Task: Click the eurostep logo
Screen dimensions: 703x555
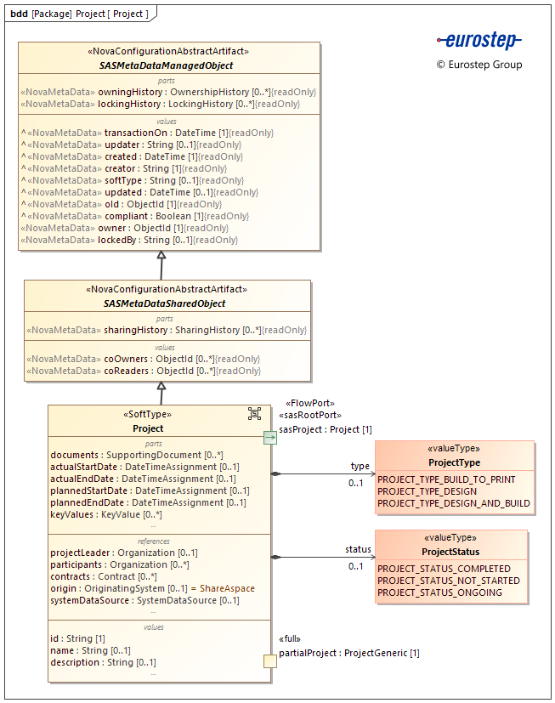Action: click(479, 40)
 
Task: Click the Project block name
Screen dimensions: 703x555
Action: click(149, 428)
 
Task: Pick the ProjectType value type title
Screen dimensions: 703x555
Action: click(454, 462)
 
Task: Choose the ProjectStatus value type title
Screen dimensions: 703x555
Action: click(450, 552)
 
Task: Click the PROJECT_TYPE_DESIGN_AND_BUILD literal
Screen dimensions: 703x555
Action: click(453, 503)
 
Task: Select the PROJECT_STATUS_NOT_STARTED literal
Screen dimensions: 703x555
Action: click(448, 581)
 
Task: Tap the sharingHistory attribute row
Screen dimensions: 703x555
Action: click(167, 330)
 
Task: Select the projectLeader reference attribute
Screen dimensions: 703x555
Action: click(124, 553)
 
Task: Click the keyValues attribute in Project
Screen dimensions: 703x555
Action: click(106, 514)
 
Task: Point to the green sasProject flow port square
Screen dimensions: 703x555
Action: click(269, 438)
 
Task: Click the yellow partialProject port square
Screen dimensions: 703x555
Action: click(269, 661)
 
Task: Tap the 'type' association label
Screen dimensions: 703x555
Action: click(360, 466)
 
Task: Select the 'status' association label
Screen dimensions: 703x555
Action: click(358, 550)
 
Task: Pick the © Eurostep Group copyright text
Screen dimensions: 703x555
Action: click(479, 65)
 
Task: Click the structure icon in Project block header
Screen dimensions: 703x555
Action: click(254, 413)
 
